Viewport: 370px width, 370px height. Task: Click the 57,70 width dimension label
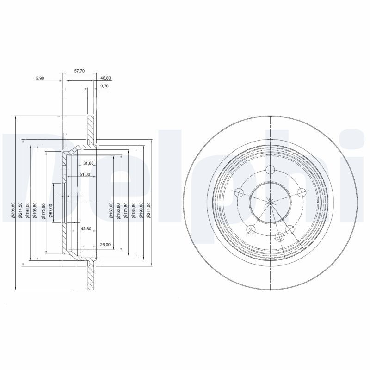pyautogui.click(x=80, y=71)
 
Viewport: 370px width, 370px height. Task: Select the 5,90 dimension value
pyautogui.click(x=40, y=78)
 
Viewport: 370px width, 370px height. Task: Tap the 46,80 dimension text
pyautogui.click(x=105, y=78)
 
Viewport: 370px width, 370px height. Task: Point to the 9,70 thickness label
pyautogui.click(x=104, y=86)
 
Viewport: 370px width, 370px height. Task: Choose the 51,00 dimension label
pyautogui.click(x=85, y=174)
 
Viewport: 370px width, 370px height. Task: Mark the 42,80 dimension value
pyautogui.click(x=86, y=229)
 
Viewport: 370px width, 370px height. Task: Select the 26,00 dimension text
pyautogui.click(x=105, y=244)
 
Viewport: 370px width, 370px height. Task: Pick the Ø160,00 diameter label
pyautogui.click(x=111, y=210)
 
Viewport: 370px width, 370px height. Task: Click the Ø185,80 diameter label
pyautogui.click(x=134, y=210)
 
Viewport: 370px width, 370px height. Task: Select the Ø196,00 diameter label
pyautogui.click(x=28, y=210)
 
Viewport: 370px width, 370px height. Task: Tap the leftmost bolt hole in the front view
pyautogui.click(x=239, y=192)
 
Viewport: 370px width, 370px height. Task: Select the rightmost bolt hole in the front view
pyautogui.click(x=302, y=192)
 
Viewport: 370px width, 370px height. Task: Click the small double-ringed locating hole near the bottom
pyautogui.click(x=279, y=237)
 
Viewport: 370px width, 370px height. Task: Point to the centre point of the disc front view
pyautogui.click(x=270, y=200)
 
